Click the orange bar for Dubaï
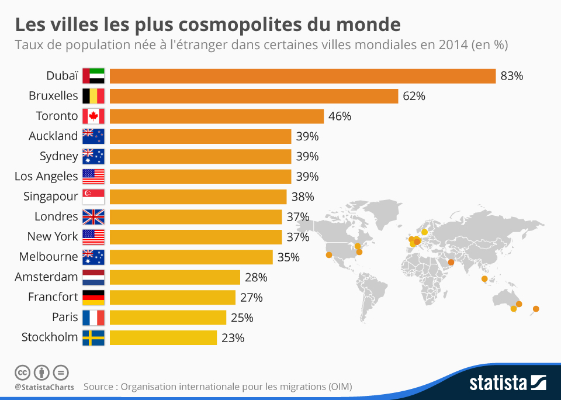coord(303,76)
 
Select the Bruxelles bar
coord(254,96)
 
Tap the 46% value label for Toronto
coord(340,116)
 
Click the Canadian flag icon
coord(93,116)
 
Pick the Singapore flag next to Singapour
coord(93,196)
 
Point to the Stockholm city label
coord(50,337)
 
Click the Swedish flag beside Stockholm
coord(93,337)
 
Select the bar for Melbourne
coord(191,257)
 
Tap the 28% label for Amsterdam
coord(256,277)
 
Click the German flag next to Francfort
coord(93,297)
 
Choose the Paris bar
coord(168,318)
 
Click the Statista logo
coord(507,383)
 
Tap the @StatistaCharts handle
coord(44,387)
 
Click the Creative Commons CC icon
coord(22,372)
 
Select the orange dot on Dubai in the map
coord(451,262)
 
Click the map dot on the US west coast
coord(328,254)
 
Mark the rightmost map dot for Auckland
coord(536,309)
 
